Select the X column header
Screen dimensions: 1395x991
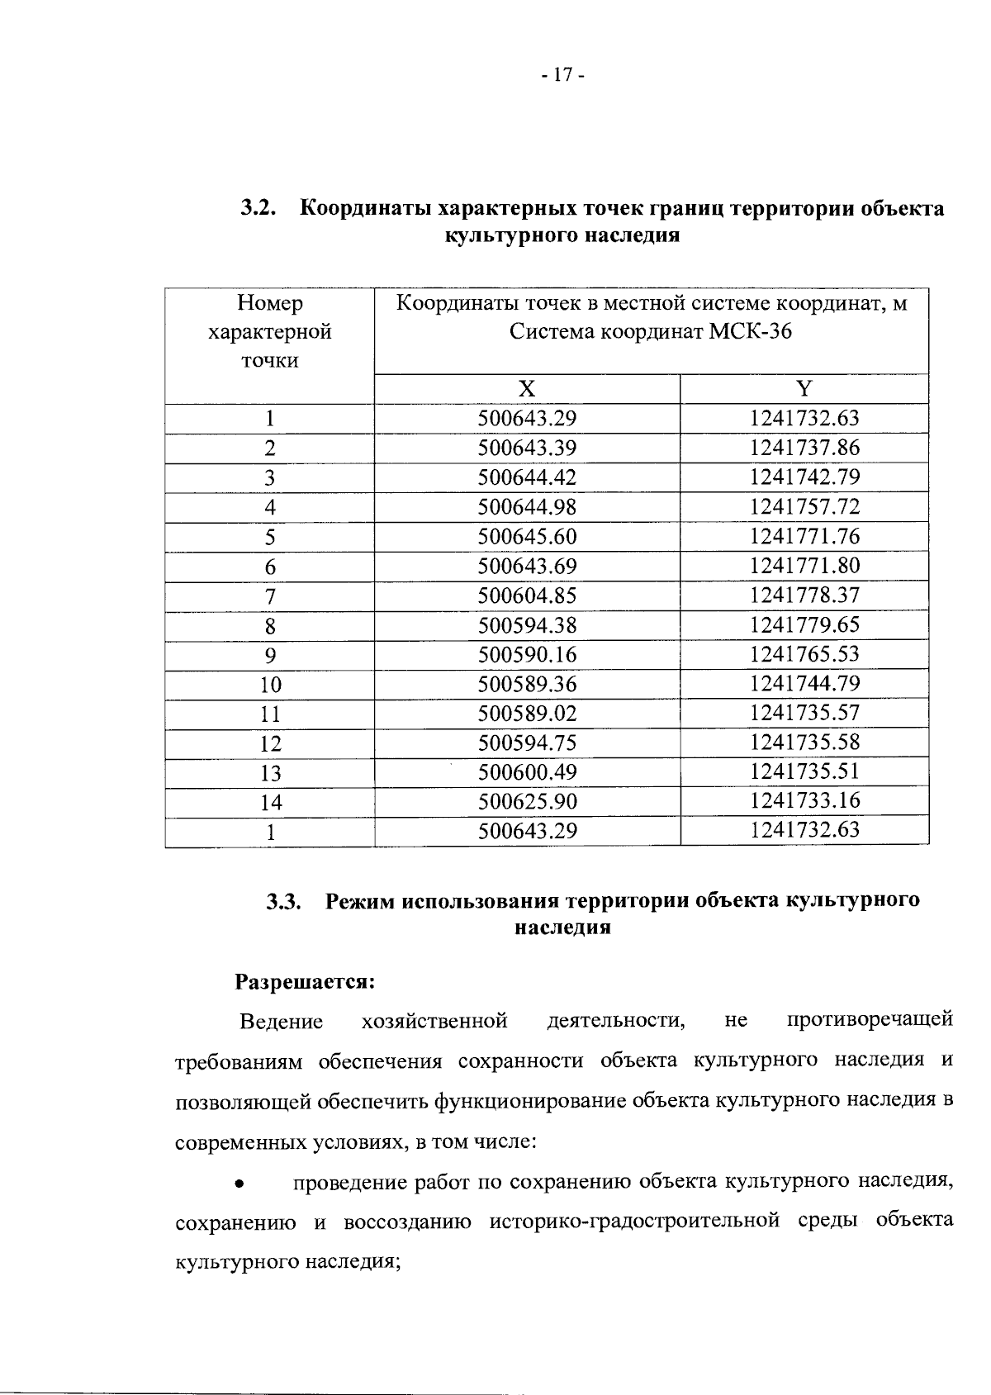[527, 389]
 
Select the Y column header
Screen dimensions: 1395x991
[804, 389]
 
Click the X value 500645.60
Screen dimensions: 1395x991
[527, 537]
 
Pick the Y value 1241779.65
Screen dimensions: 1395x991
[804, 624]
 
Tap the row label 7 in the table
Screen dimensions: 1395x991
[270, 596]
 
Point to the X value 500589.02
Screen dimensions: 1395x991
[527, 714]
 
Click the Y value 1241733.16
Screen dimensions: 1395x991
[804, 800]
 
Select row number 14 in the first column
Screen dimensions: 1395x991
[270, 803]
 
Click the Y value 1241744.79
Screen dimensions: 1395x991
[804, 684]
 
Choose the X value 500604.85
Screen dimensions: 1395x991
[527, 595]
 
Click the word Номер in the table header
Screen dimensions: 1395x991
[270, 303]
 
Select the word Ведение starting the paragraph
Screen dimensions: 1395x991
[281, 1023]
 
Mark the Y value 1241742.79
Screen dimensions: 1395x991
[804, 477]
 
